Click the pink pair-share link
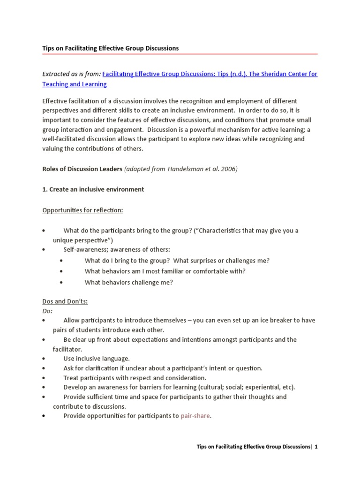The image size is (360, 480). click(195, 416)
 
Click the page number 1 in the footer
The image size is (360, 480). click(316, 447)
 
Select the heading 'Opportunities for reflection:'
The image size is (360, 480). click(82, 210)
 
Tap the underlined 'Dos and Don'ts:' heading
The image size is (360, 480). click(65, 301)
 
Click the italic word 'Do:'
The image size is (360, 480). click(47, 311)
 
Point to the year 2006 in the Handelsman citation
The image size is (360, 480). click(229, 169)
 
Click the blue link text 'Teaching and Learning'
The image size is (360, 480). click(75, 84)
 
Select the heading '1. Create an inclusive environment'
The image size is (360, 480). click(93, 189)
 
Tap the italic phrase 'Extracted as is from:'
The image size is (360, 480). click(71, 74)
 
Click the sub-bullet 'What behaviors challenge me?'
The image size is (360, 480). click(129, 282)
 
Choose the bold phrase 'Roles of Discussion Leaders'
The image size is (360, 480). click(82, 169)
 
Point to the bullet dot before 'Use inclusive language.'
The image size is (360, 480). click(43, 359)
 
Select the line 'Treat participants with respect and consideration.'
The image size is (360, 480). click(135, 378)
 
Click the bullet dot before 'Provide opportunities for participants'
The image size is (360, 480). click(43, 416)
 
